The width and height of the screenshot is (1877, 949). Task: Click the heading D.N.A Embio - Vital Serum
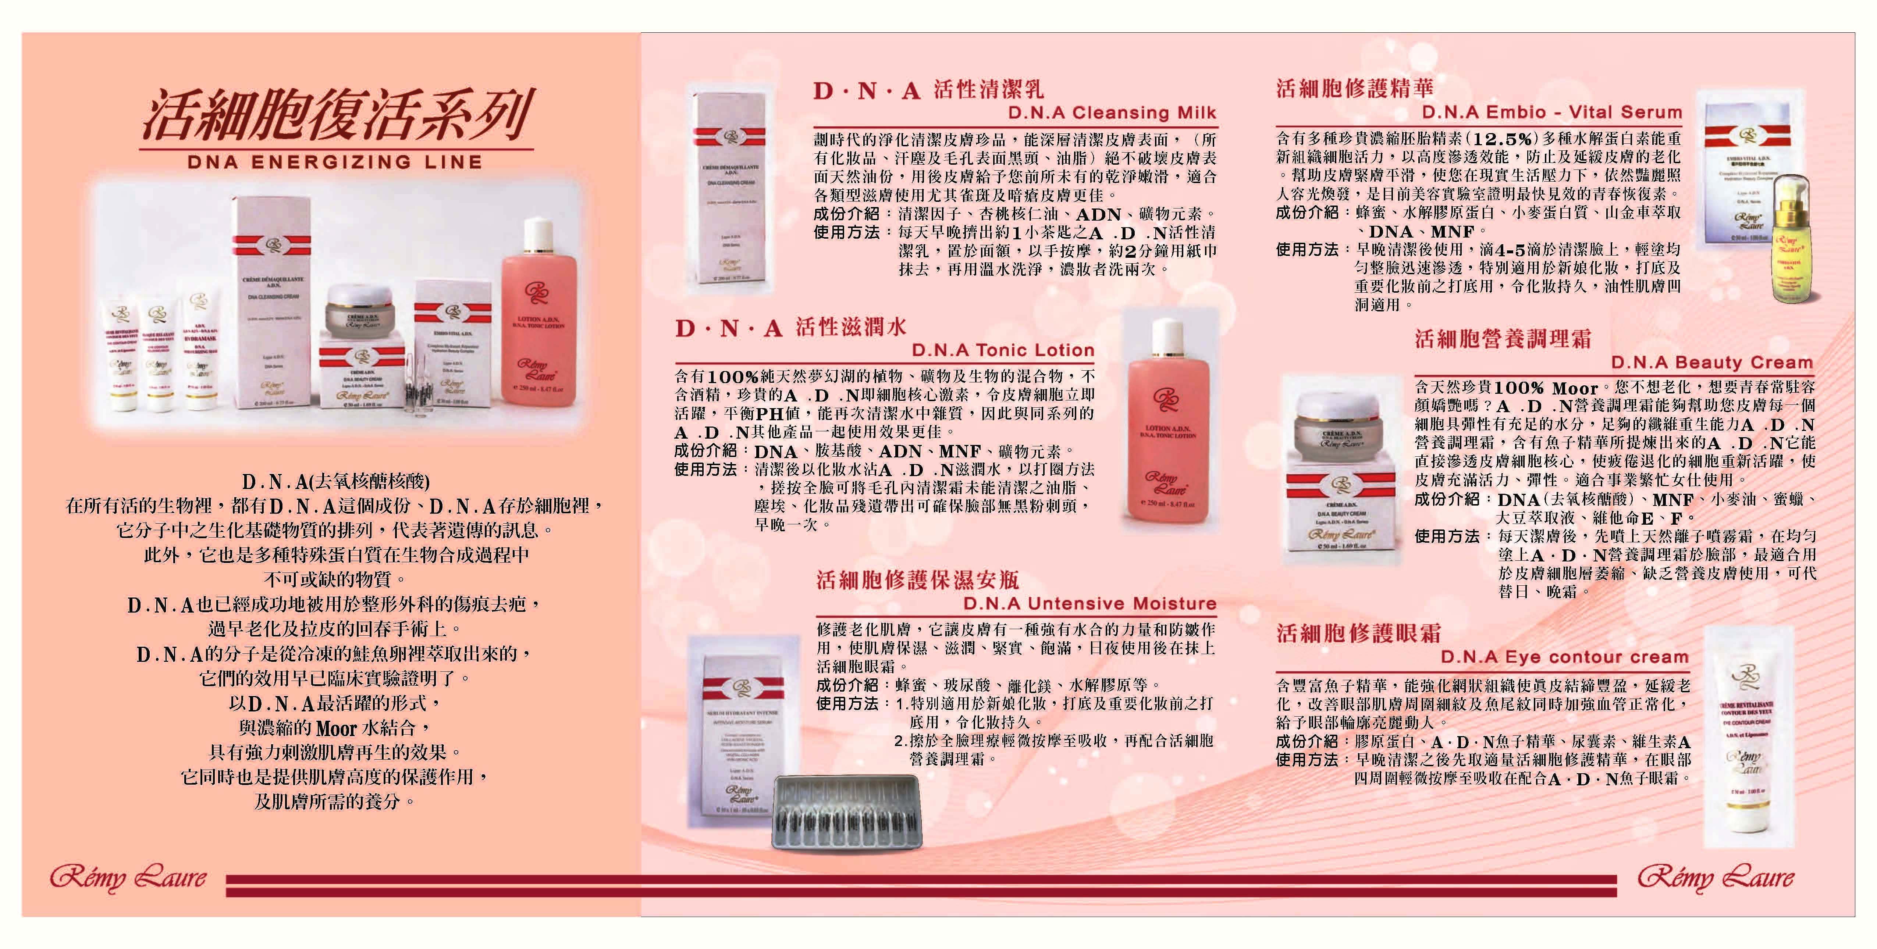(1551, 112)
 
